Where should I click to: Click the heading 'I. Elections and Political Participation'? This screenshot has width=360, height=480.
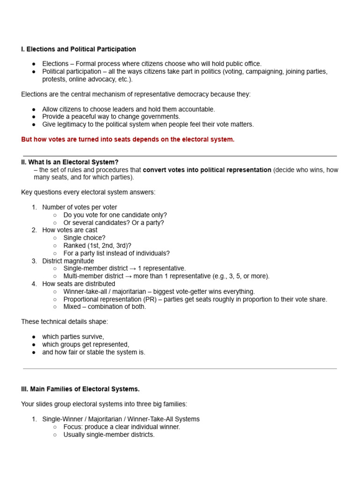point(78,49)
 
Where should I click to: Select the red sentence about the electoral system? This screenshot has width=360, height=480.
point(127,140)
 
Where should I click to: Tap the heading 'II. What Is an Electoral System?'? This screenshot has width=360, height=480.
point(70,162)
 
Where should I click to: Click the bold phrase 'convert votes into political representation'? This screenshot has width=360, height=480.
point(207,170)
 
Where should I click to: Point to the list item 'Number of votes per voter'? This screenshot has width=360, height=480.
point(80,207)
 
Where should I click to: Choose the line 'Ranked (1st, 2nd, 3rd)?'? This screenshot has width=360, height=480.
point(97,246)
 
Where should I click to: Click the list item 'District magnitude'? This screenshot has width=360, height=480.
point(68,261)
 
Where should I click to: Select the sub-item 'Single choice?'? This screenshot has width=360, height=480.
point(84,238)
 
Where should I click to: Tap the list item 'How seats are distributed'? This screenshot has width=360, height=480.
point(78,284)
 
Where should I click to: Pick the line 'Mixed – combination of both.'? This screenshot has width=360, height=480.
point(105,307)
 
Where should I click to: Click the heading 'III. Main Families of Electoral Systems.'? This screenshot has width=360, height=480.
point(80,389)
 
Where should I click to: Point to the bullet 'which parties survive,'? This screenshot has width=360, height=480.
point(73,337)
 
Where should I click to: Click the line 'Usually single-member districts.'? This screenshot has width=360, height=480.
point(109,435)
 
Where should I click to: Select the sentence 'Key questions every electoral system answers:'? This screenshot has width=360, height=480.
point(88,192)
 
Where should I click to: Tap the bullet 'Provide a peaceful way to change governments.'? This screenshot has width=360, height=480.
point(111,117)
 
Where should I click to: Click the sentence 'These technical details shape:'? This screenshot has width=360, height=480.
point(65,322)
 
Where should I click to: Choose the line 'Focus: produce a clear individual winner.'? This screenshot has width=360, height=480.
point(122,427)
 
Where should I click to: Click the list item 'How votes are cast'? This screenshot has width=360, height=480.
point(70,230)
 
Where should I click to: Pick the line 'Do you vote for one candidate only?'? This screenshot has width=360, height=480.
point(115,215)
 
